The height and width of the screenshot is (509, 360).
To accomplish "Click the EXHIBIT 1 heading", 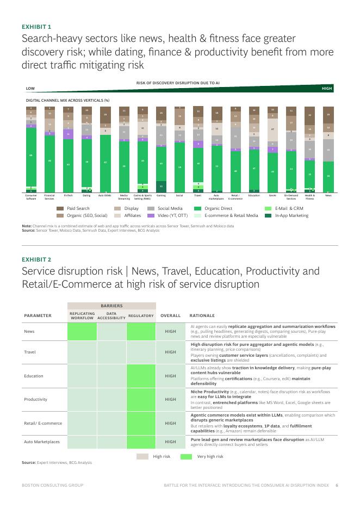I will (36, 26).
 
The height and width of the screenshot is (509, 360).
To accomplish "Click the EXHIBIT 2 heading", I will (36, 259).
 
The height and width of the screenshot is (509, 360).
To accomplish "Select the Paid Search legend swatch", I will (61, 208).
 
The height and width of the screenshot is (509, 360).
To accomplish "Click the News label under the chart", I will (328, 195).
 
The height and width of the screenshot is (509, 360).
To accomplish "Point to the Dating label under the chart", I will (86, 195).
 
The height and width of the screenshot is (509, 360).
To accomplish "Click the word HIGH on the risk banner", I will (326, 88).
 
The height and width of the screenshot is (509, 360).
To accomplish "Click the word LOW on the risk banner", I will (30, 88).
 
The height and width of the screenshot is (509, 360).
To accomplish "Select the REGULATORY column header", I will (141, 315).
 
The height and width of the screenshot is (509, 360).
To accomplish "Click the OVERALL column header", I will (170, 315).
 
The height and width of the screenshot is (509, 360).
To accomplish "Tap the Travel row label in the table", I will (30, 352).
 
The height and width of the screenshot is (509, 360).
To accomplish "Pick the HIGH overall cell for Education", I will (170, 376).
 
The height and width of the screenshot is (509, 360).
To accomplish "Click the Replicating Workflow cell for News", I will (82, 331).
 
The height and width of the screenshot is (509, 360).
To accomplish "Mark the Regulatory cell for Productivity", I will (141, 399).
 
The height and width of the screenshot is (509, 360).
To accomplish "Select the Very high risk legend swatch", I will (187, 456).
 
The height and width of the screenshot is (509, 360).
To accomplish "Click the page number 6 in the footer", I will (337, 485).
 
